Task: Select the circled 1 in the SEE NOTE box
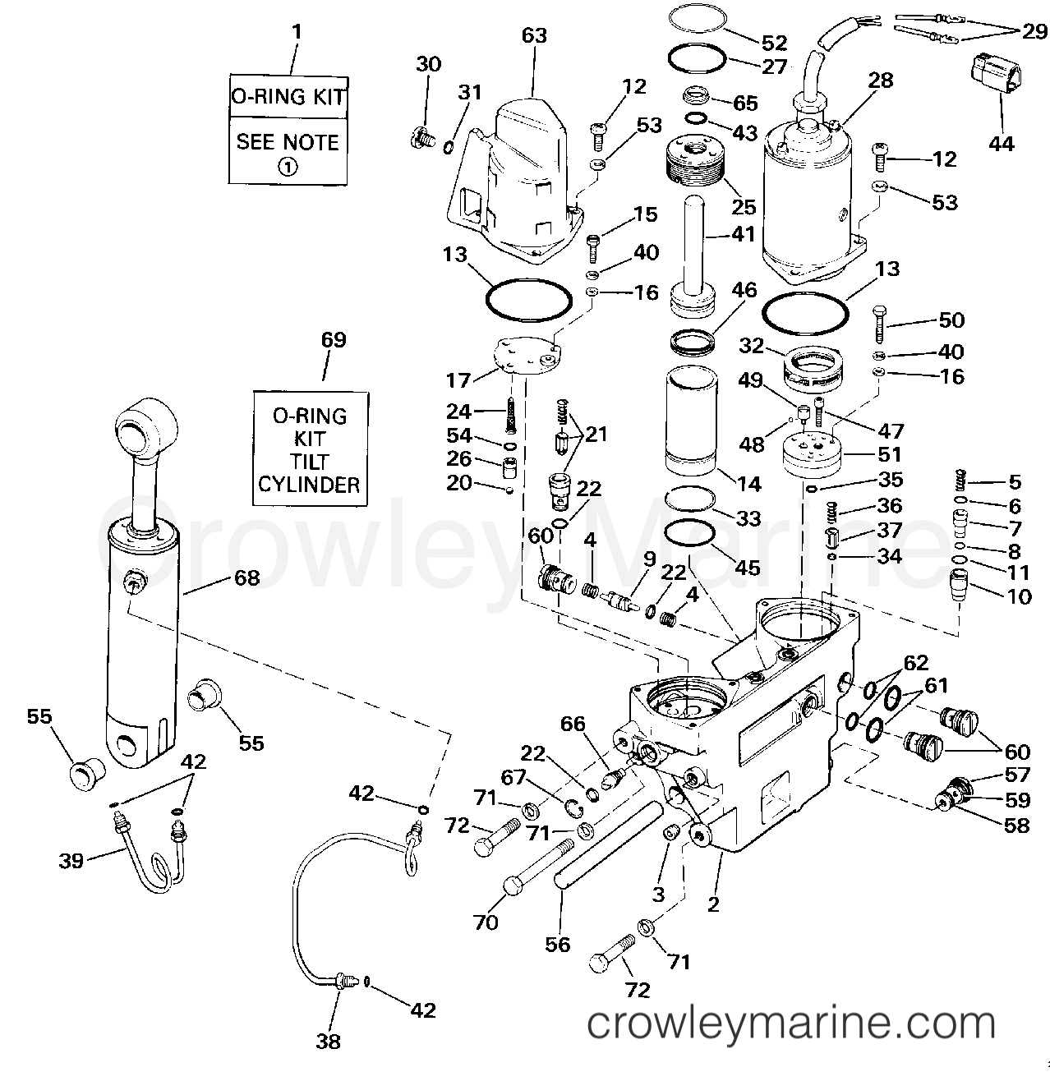[x=287, y=167]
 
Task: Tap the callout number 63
[x=533, y=35]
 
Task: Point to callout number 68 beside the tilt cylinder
[x=246, y=577]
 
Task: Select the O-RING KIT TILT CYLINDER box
[x=309, y=449]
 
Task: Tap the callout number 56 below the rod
[x=557, y=945]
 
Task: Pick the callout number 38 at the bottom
[x=327, y=1042]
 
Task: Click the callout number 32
[x=751, y=346]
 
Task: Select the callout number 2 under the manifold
[x=712, y=904]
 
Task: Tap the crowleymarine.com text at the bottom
[x=792, y=1023]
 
